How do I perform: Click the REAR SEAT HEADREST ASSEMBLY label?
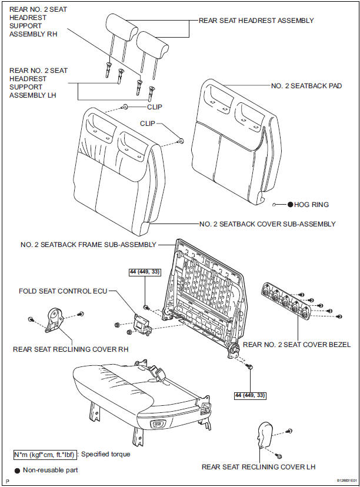pos(256,21)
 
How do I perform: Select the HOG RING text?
pos(311,205)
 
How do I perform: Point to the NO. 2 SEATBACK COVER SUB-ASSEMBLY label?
pos(268,224)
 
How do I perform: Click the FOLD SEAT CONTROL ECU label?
pos(64,291)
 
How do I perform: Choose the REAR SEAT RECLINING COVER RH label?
pos(71,349)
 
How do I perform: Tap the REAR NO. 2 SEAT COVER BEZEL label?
pos(296,345)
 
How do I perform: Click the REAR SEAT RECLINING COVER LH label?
pos(259,467)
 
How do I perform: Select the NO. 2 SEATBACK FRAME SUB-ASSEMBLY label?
pos(88,244)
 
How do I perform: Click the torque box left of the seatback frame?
pos(145,272)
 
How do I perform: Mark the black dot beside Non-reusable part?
pos(17,470)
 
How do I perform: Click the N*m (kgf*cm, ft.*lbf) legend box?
pos(45,455)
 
